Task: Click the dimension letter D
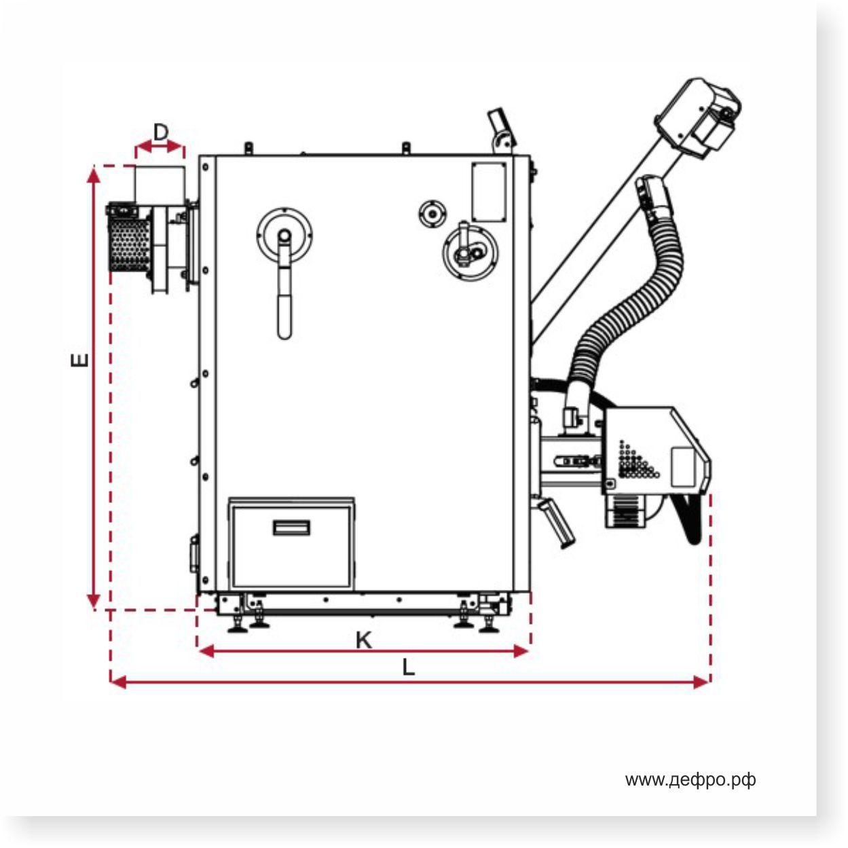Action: point(160,132)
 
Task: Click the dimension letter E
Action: point(79,359)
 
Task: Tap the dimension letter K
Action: point(364,640)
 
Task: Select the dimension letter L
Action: point(407,668)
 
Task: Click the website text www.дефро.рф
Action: point(690,780)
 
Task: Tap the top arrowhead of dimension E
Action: point(94,174)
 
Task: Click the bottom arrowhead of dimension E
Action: point(94,601)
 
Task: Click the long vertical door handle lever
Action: point(285,299)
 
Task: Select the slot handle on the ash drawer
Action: point(292,528)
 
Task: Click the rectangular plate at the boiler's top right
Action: point(489,191)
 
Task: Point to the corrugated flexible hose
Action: point(631,306)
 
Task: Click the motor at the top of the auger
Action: point(699,115)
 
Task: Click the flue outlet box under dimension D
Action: point(160,183)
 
